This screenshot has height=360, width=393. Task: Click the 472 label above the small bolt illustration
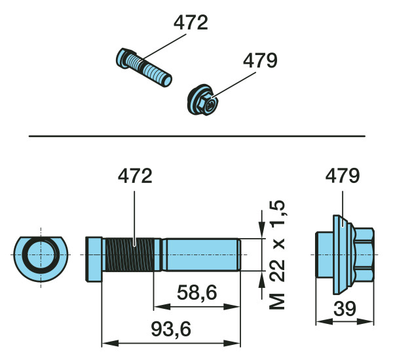(191, 23)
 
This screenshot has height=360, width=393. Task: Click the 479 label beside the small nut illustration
(260, 60)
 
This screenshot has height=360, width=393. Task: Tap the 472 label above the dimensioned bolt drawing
(135, 176)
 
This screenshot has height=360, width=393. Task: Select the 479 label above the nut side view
(343, 176)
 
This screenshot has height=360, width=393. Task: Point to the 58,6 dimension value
(196, 292)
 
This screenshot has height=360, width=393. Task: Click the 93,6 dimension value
(171, 329)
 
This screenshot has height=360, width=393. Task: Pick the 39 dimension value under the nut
(345, 309)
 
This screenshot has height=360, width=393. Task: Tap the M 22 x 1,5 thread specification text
(277, 254)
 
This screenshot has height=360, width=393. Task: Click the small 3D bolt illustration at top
(144, 68)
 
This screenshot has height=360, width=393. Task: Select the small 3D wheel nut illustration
(203, 100)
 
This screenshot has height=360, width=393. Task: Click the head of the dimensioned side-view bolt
(94, 260)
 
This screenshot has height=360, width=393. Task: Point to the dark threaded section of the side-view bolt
(129, 254)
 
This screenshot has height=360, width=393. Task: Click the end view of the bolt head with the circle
(41, 258)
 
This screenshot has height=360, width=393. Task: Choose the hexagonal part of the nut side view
(364, 254)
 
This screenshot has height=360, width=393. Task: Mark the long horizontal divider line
(197, 136)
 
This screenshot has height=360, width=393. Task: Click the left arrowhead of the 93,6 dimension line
(110, 343)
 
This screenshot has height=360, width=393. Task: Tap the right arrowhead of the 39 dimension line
(365, 321)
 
